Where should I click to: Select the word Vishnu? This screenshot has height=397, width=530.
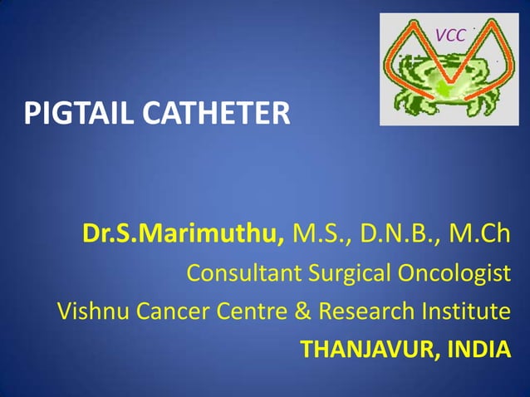[x=89, y=312]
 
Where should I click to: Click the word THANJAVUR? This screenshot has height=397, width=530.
[x=365, y=350]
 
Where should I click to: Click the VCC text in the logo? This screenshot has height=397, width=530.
[x=449, y=35]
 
